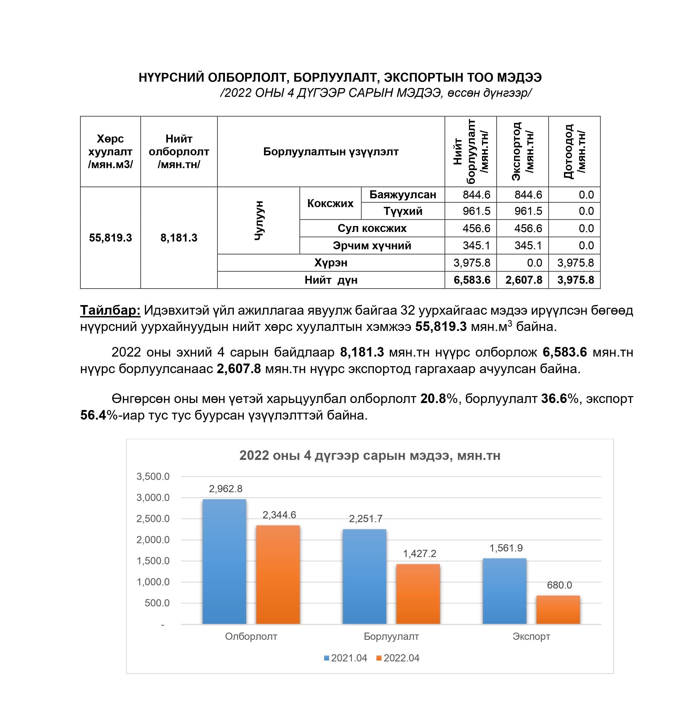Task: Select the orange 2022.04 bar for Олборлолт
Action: point(278,575)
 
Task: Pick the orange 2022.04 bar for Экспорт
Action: point(558,610)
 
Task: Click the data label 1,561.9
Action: point(506,548)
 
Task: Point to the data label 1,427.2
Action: point(419,554)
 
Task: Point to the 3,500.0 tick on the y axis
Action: point(153,476)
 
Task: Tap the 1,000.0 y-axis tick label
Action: point(153,582)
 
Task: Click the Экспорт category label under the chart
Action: point(531,636)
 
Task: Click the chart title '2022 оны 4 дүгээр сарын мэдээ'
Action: point(370,455)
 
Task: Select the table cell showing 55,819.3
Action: point(110,238)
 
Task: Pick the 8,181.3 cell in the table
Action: point(179,238)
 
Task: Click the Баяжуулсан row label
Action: point(402,195)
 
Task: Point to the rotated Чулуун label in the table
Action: point(259,220)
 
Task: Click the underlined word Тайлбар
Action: point(110,310)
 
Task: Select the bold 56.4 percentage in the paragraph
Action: point(93,415)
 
